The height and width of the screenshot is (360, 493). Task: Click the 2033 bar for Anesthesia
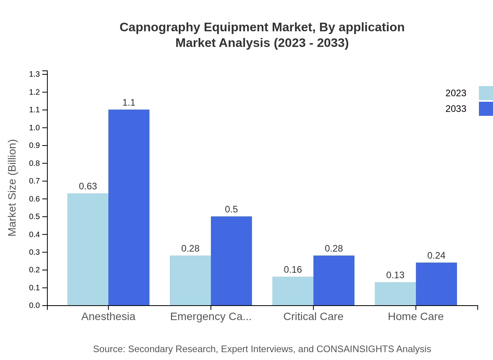click(x=129, y=207)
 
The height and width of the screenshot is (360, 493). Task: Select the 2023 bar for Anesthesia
click(x=88, y=249)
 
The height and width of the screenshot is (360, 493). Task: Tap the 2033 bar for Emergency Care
click(x=231, y=261)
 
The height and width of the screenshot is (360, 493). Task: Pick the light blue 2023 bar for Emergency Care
click(x=190, y=280)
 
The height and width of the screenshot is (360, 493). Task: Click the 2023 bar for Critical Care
click(x=293, y=291)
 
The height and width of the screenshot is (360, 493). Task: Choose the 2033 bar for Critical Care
click(x=334, y=280)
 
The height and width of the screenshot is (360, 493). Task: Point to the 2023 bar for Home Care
click(x=395, y=293)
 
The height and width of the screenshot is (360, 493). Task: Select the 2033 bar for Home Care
click(x=436, y=284)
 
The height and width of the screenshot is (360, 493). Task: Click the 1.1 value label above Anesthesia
click(x=129, y=103)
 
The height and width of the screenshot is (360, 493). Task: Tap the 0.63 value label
click(x=88, y=186)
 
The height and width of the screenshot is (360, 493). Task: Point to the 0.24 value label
click(x=436, y=256)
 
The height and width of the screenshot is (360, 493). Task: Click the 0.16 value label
click(x=293, y=270)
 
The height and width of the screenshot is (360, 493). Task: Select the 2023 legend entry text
click(x=456, y=93)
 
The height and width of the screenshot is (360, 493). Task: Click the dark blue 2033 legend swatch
click(x=486, y=109)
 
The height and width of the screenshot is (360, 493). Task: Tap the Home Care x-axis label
click(x=416, y=316)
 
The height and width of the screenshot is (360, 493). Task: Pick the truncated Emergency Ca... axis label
click(x=211, y=316)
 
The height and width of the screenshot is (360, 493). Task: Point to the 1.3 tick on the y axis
click(x=34, y=74)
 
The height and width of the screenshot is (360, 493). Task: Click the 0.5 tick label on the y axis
click(x=34, y=217)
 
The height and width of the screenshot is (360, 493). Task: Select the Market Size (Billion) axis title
click(x=12, y=188)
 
